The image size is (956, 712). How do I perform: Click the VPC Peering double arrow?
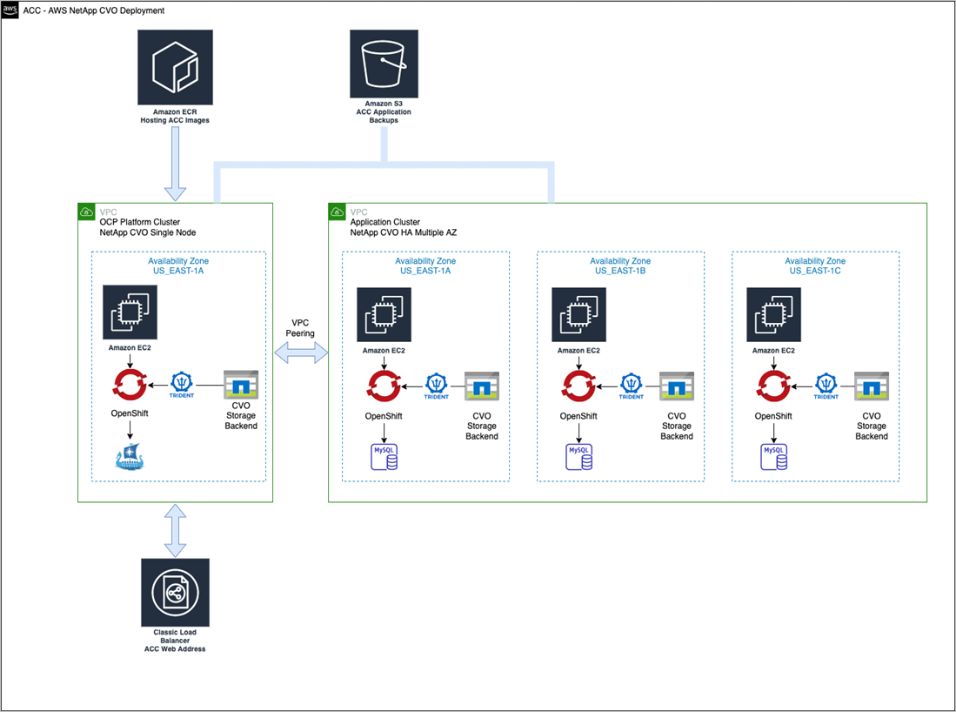[300, 353]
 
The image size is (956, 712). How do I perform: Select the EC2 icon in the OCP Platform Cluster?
[130, 312]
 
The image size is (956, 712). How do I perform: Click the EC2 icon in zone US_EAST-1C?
[773, 314]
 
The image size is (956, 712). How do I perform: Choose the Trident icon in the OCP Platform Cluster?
[182, 385]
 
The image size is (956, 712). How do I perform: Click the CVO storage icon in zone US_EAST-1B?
[676, 385]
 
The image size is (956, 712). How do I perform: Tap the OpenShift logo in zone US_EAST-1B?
[579, 385]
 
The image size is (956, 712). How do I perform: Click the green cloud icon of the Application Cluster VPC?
[337, 212]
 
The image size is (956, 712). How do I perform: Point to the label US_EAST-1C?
[814, 272]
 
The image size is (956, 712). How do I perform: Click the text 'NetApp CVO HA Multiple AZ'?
[404, 232]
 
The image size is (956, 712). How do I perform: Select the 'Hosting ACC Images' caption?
[175, 120]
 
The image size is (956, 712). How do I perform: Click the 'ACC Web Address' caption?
[175, 648]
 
